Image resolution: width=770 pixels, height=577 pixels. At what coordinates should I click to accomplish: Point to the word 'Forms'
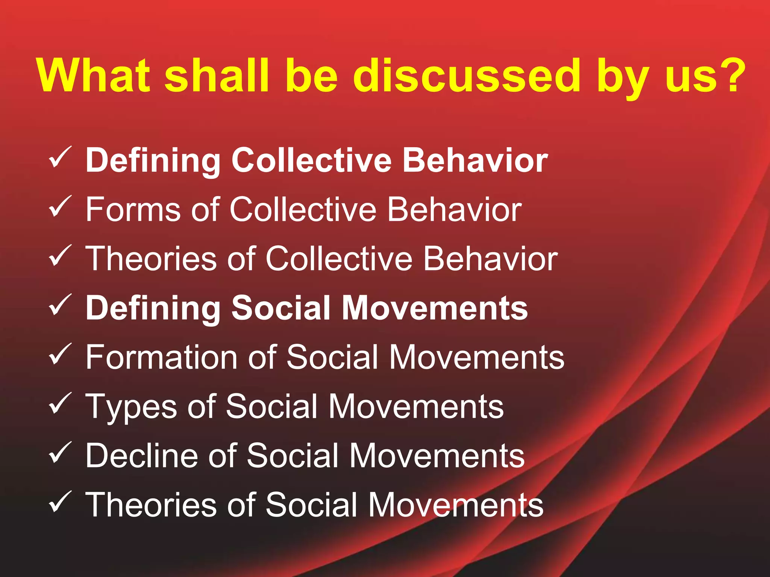pos(133,209)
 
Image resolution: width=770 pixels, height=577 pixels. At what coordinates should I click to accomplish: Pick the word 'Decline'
pos(141,455)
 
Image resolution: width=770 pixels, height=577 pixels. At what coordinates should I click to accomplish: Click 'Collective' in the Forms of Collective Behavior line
pos(303,209)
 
